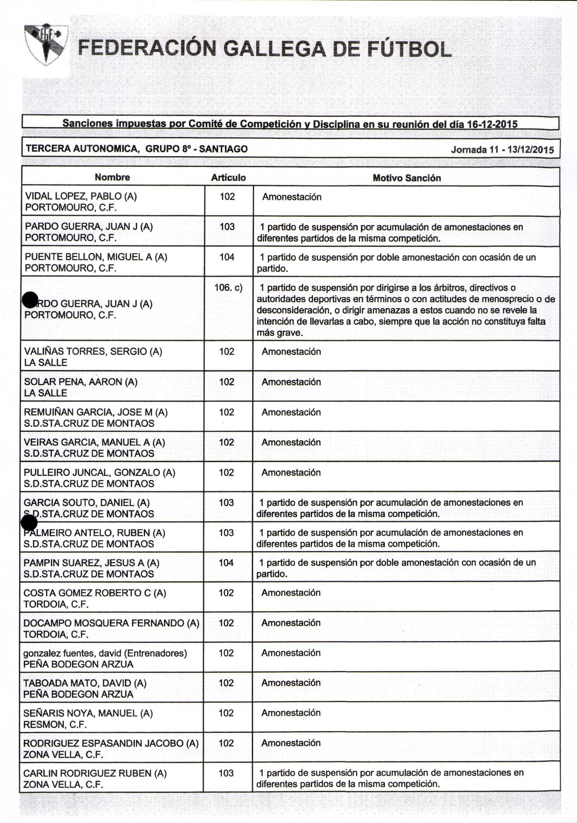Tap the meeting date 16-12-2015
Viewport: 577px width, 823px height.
[x=492, y=124]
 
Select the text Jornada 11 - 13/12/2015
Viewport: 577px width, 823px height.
[x=502, y=150]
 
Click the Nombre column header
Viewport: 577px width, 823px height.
[x=112, y=177]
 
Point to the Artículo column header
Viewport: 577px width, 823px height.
[x=228, y=177]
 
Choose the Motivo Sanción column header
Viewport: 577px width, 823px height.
[x=407, y=178]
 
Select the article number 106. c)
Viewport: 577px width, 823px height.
[x=228, y=287]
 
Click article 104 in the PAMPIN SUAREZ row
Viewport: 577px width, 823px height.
[x=226, y=562]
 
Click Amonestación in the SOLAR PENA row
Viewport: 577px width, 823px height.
[x=291, y=382]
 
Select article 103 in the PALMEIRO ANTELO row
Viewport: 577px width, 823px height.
[x=226, y=532]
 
